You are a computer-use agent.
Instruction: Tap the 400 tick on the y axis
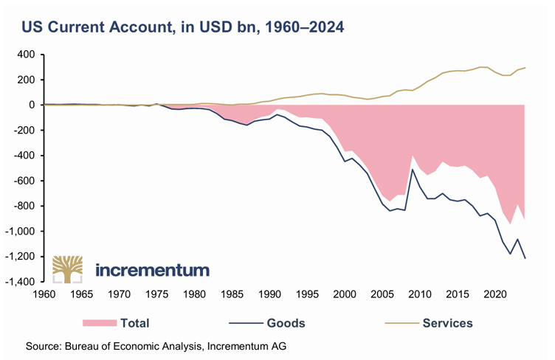coord(27,55)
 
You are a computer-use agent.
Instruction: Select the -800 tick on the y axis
coord(25,206)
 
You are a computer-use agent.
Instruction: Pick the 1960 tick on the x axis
coord(44,293)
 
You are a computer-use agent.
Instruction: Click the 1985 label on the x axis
coord(232,293)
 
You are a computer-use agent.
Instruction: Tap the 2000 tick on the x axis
coord(344,293)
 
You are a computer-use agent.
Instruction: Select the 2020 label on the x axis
coord(494,293)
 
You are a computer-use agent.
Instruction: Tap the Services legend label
coord(447,322)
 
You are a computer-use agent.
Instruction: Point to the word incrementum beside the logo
coord(153,270)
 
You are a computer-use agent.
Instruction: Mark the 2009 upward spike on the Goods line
coord(412,170)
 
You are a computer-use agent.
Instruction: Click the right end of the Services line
coord(523,68)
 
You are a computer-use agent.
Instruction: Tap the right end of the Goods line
coord(523,258)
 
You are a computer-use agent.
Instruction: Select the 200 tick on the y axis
coord(27,80)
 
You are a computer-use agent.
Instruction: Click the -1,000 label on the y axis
coord(20,231)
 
